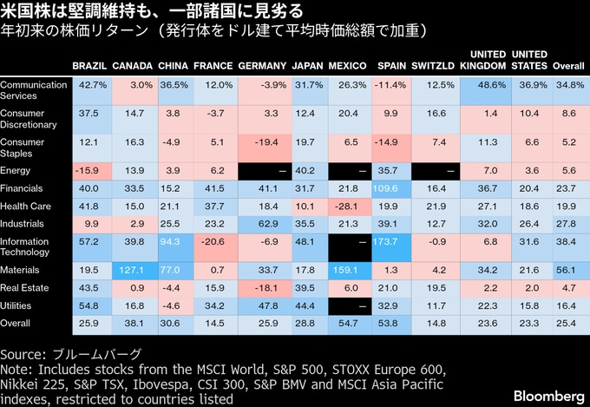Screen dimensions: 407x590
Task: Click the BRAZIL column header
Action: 89,66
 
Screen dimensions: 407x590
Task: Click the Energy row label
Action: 16,171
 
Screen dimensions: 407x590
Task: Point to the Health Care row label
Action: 26,206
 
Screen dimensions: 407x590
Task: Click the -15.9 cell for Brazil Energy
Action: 89,171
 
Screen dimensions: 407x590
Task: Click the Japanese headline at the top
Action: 152,12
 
